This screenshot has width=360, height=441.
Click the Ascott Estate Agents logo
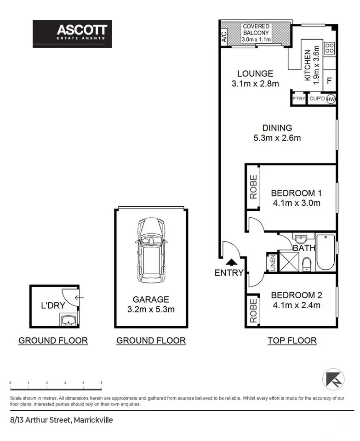point(72,34)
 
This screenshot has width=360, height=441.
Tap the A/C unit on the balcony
point(224,37)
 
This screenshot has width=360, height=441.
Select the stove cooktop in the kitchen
point(329,48)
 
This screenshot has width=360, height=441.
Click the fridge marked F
point(329,81)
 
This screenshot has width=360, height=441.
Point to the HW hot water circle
point(331,99)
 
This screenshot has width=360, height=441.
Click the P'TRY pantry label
point(299,98)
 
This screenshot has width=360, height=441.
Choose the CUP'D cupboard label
point(317,98)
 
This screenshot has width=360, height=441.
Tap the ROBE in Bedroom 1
point(253,187)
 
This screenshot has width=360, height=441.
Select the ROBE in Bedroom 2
point(253,311)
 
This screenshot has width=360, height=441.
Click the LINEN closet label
point(273,263)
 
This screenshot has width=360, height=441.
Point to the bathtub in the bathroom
point(326,252)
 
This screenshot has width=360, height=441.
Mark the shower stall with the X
point(289,261)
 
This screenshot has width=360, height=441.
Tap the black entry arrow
point(232,262)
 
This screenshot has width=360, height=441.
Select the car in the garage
point(151,250)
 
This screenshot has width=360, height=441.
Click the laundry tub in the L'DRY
point(68,320)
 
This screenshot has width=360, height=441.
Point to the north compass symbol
point(333,379)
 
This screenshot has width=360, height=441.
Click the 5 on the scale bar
point(101,383)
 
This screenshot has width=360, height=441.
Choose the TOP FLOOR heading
point(292,340)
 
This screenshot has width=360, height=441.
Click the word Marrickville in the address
point(93,420)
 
